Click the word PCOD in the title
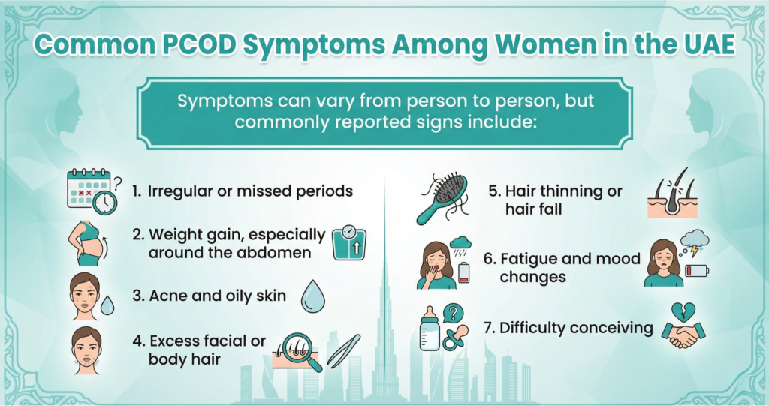pyautogui.click(x=198, y=44)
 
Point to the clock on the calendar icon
pyautogui.click(x=105, y=203)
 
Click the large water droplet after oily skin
pyautogui.click(x=312, y=296)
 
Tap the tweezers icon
pyautogui.click(x=343, y=350)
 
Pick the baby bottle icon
pyautogui.click(x=430, y=328)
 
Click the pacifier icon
pyautogui.click(x=455, y=338)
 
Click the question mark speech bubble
pyautogui.click(x=454, y=313)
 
